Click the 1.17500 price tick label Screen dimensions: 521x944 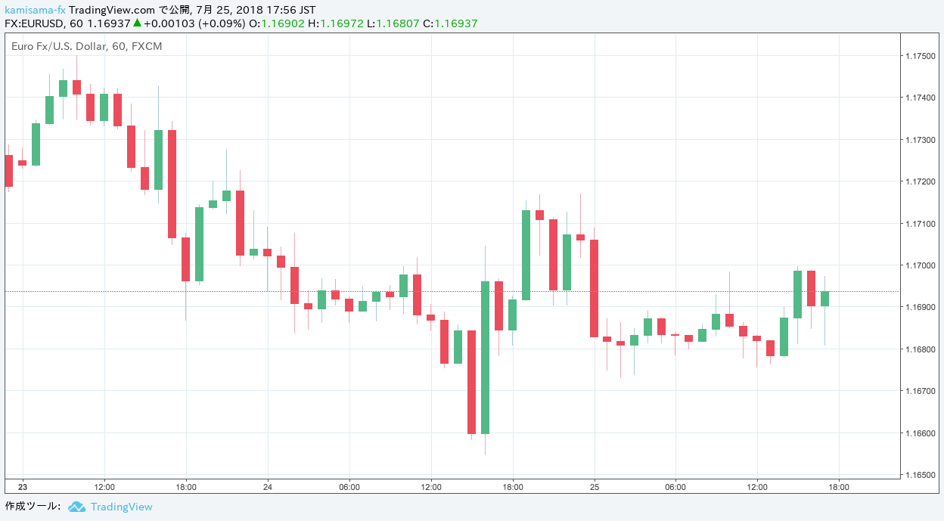[x=919, y=56]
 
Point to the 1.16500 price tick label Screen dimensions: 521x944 [x=919, y=475]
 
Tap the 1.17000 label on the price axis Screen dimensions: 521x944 [x=919, y=265]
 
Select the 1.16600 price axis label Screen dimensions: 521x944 [x=919, y=433]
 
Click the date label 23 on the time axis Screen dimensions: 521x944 [x=23, y=487]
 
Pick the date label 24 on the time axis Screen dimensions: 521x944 [x=268, y=487]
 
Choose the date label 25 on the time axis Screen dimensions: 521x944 [x=595, y=487]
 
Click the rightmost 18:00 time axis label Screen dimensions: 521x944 [x=839, y=487]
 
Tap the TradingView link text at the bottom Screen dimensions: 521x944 [x=121, y=507]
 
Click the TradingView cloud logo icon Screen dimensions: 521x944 [x=76, y=507]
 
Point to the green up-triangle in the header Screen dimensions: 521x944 [x=137, y=23]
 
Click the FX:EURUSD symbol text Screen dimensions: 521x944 [x=33, y=23]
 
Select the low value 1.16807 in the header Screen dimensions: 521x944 [x=398, y=23]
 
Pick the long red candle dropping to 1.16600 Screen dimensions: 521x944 [x=471, y=382]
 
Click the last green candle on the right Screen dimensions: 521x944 [x=824, y=299]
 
